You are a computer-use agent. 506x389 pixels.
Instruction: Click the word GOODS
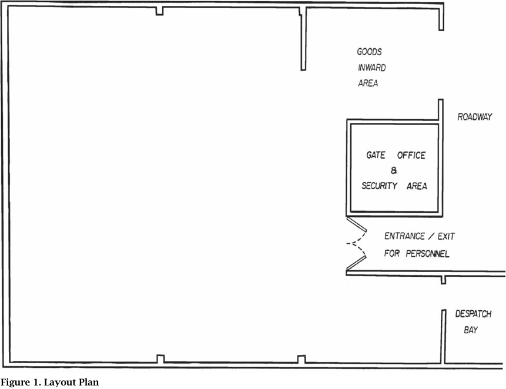click(x=369, y=52)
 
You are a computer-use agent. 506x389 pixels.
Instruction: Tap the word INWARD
click(x=372, y=68)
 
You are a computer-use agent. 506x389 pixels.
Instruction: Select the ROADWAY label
click(x=475, y=117)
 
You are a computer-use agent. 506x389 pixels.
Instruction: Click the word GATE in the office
click(x=376, y=155)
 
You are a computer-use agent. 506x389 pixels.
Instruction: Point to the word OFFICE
click(x=411, y=156)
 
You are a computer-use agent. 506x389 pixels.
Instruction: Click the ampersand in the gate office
click(x=394, y=170)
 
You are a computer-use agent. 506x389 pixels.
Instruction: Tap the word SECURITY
click(x=379, y=186)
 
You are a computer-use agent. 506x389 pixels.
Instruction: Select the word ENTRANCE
click(x=404, y=236)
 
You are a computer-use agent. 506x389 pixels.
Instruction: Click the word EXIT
click(x=446, y=237)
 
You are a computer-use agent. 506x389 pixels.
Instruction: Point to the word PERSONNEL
click(x=427, y=254)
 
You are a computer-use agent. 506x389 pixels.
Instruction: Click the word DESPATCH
click(x=473, y=314)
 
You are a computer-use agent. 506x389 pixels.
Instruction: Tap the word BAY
click(x=471, y=330)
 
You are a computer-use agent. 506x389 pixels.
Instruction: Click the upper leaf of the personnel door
click(x=357, y=224)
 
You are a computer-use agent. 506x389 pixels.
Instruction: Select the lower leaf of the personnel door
click(x=356, y=263)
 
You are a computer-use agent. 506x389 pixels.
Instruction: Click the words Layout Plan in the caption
click(x=71, y=383)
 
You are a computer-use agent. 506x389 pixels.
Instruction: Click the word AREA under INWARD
click(x=368, y=83)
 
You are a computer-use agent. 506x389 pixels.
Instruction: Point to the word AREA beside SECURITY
click(x=417, y=186)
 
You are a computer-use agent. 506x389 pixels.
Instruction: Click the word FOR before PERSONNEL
click(x=392, y=253)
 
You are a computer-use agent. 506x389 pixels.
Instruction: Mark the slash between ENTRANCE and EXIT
click(x=431, y=236)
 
